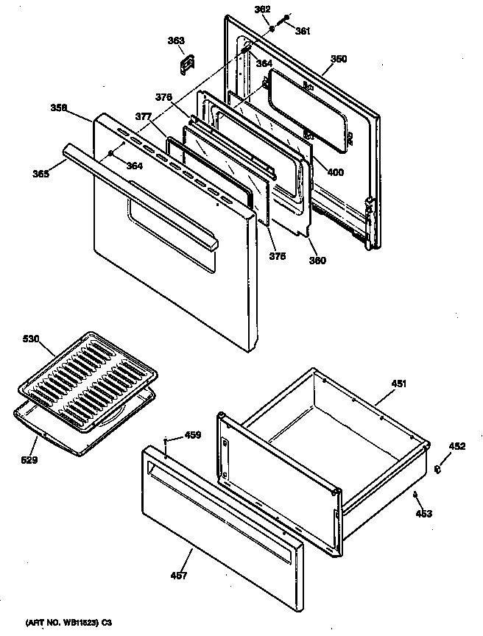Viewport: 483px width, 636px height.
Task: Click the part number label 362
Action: click(262, 10)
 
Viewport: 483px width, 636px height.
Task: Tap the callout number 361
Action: click(303, 31)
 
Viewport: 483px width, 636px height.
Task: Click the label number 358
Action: click(60, 107)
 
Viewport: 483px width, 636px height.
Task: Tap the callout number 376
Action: click(163, 97)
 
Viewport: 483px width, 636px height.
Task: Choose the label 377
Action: click(144, 116)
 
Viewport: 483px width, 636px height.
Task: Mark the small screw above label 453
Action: click(415, 495)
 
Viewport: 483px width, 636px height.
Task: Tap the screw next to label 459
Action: click(168, 442)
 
